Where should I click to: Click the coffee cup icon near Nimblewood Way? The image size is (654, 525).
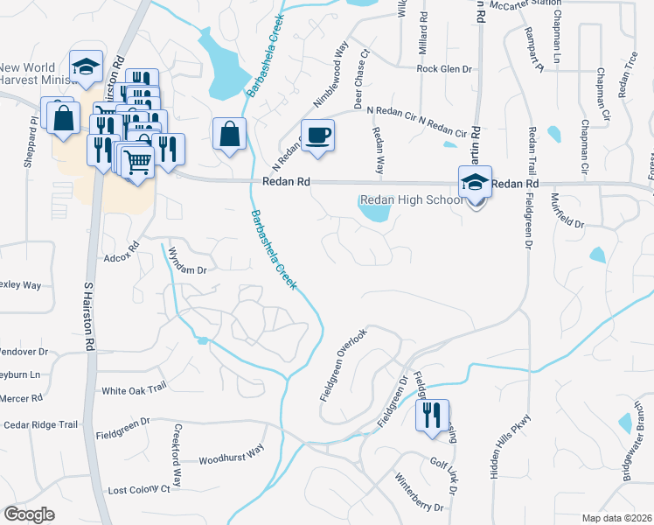tap(317, 136)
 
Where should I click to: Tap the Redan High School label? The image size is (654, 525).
tap(411, 201)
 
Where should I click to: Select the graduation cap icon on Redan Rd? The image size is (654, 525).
tap(475, 182)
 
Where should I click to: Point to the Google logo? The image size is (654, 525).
tap(29, 514)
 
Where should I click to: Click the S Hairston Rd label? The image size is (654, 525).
tap(88, 316)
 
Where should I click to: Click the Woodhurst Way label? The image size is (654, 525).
tap(231, 456)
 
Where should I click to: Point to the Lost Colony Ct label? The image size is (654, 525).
tap(138, 491)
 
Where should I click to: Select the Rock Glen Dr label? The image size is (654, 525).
tap(444, 69)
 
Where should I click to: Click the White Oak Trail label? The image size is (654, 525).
tap(134, 390)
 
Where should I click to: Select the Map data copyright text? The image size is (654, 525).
tap(617, 517)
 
